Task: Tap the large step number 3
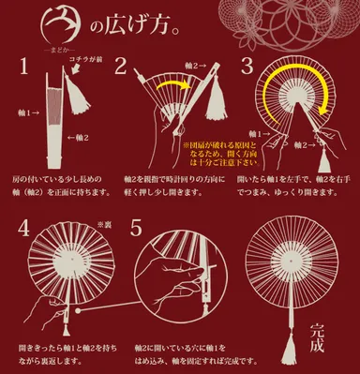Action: click(247, 66)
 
